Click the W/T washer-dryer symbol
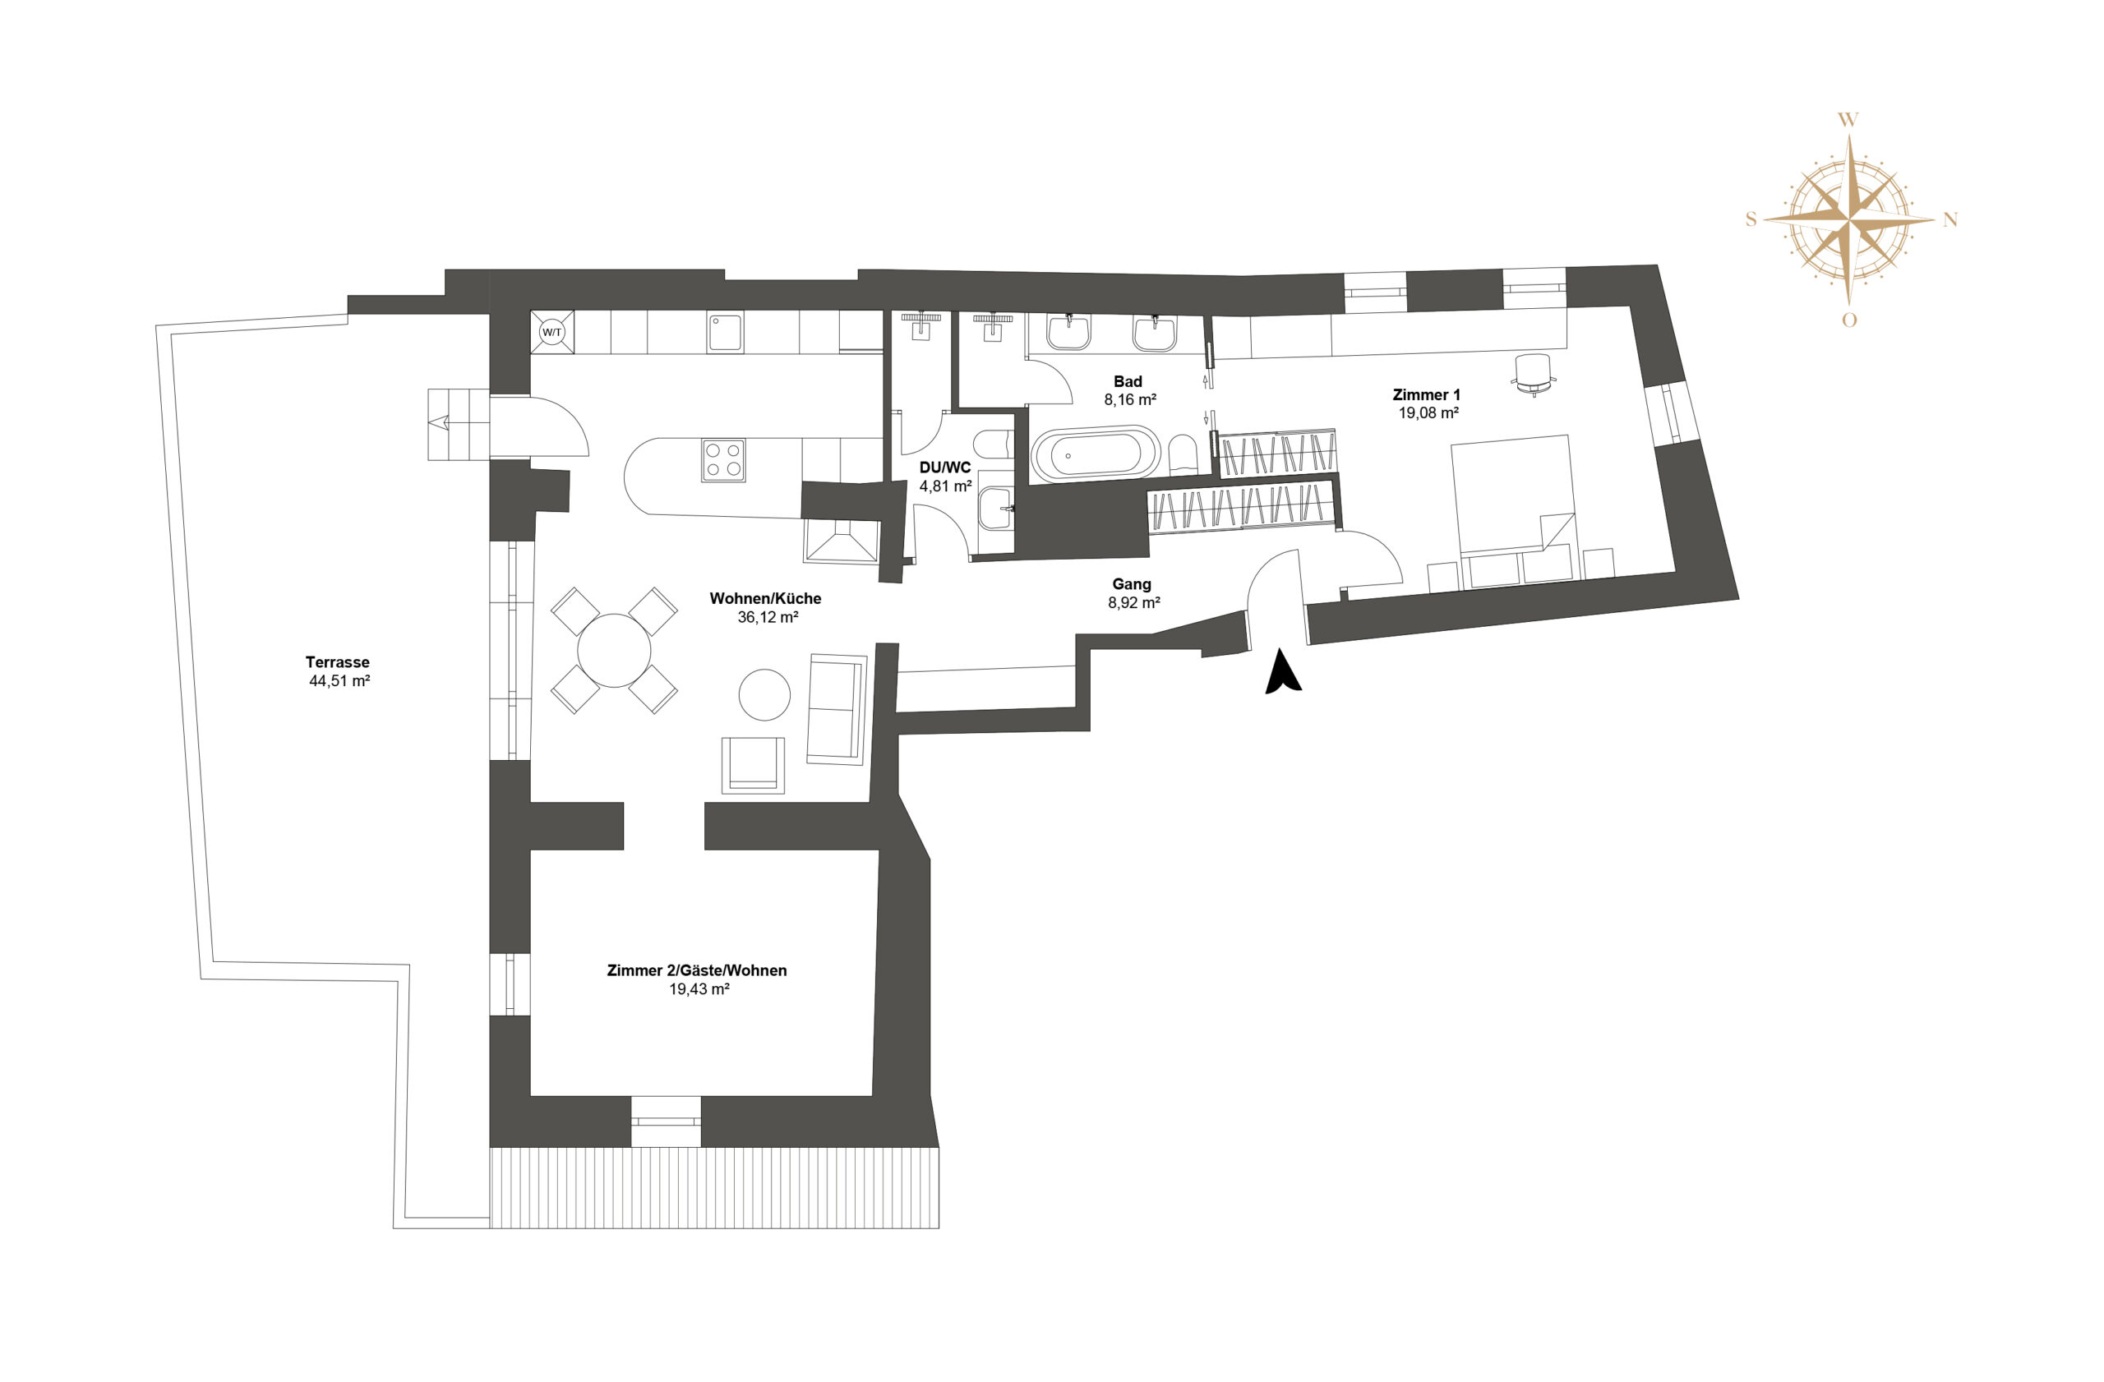click(x=551, y=332)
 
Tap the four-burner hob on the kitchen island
click(x=723, y=460)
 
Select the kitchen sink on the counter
click(x=725, y=331)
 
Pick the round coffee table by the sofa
click(x=764, y=694)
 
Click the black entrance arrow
click(x=1283, y=671)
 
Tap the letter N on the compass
click(x=1950, y=220)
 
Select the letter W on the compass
click(x=1848, y=120)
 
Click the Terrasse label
click(x=338, y=662)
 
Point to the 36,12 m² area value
click(x=768, y=618)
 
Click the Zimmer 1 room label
click(x=1427, y=395)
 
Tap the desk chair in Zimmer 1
click(x=1534, y=375)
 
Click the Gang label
click(x=1132, y=584)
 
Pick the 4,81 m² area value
click(x=946, y=486)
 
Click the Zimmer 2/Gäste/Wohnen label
click(x=697, y=970)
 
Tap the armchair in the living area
click(x=753, y=764)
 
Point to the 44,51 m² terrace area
click(x=339, y=681)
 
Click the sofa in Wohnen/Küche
click(x=837, y=709)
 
